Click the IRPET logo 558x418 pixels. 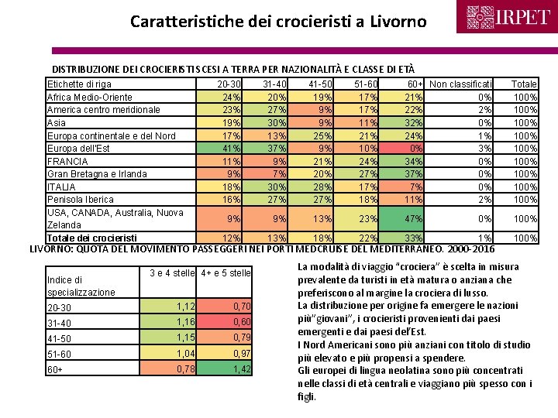click(508, 17)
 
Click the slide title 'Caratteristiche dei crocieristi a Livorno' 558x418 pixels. click(278, 22)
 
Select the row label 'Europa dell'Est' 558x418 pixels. click(79, 148)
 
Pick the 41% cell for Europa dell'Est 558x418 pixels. click(231, 148)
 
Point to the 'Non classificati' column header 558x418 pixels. click(460, 84)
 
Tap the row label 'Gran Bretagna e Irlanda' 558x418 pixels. click(97, 173)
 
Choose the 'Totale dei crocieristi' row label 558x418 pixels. click(92, 238)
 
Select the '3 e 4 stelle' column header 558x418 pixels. click(172, 272)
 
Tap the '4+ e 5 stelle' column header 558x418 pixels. click(226, 272)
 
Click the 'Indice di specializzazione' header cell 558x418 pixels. click(81, 286)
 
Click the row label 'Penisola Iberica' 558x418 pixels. click(81, 200)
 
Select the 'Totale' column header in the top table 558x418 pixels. click(525, 84)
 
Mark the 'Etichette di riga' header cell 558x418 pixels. click(78, 84)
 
